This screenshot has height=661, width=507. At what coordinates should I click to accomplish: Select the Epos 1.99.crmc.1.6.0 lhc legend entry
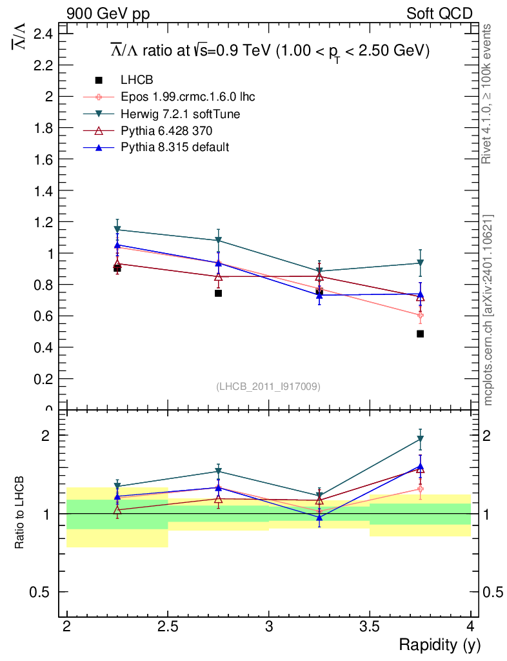pos(188,97)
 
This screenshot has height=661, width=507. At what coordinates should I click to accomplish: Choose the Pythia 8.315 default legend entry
pos(175,147)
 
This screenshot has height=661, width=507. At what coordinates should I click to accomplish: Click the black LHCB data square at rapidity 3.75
pos(420,334)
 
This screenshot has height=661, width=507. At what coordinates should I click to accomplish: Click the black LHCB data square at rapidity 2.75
pos(218,293)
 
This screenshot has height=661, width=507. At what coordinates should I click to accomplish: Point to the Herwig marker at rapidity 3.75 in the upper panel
pos(420,263)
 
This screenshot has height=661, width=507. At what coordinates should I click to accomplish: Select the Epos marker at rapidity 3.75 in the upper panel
pos(420,316)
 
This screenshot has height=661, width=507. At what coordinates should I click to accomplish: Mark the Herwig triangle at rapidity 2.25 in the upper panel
pos(117,230)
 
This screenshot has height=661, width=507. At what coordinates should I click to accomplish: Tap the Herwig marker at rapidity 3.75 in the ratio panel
pos(420,440)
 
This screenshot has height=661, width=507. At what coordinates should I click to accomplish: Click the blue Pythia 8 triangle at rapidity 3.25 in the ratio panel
pos(319,517)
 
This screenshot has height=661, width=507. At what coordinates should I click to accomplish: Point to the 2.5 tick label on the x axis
pos(168,626)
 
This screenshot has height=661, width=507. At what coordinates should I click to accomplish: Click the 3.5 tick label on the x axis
pos(370,626)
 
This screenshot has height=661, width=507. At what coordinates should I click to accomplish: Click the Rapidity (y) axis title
pos(439,645)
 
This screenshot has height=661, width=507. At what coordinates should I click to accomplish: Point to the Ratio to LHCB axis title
pos(20,513)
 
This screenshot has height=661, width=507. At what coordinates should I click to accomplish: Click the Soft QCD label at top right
pos(439,14)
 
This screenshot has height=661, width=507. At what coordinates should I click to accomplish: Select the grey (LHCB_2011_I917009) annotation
pos(268,386)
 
